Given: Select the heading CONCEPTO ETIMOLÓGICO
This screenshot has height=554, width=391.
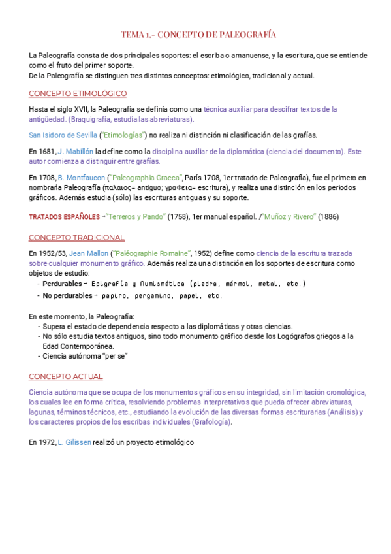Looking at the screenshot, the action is [78, 93].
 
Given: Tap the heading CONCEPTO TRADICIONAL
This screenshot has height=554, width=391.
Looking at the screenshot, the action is [76, 237].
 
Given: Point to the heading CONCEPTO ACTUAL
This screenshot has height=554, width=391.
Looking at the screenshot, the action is [65, 376].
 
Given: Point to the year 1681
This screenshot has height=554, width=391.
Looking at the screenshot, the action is [46, 152].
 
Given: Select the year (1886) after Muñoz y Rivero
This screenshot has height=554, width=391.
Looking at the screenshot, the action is [328, 216].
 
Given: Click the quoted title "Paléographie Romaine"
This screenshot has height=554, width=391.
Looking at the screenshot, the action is [151, 253].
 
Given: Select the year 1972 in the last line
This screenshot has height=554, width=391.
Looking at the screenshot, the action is [46, 442].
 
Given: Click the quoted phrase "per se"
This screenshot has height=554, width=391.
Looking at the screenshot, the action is [112, 356].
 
